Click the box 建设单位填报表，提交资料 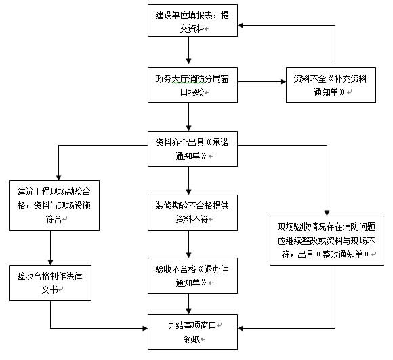[192, 20]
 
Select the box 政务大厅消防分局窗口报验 [192, 85]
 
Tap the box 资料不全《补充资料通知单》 [331, 85]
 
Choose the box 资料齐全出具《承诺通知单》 [192, 148]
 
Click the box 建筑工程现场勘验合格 [54, 205]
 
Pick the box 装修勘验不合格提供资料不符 [192, 213]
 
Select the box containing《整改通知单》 [327, 241]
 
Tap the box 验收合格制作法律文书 [50, 283]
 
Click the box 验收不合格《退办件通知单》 [192, 275]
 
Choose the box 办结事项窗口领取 [192, 332]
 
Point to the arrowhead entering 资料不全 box [283, 82]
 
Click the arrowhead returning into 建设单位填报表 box [241, 25]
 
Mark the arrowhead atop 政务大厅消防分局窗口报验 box [189, 61]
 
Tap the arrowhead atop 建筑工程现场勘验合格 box [58, 178]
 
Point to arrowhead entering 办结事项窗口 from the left [145, 328]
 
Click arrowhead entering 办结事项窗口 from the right [241, 328]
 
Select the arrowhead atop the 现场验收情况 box [327, 213]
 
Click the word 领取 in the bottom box [192, 339]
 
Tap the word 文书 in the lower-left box [49, 289]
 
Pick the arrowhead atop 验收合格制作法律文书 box [50, 262]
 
